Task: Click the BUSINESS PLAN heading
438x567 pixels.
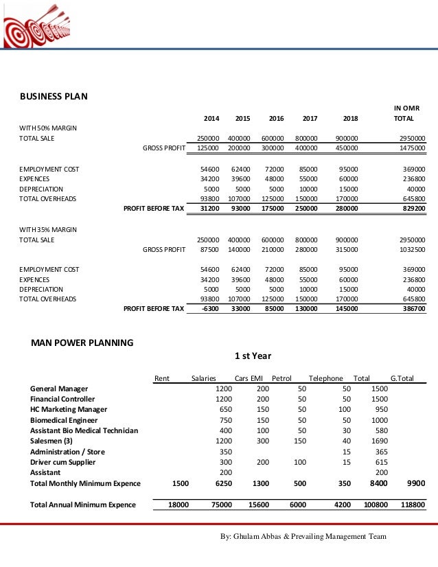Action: point(53,96)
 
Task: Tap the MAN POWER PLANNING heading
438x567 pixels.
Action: point(82,342)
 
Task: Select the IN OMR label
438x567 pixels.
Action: point(406,108)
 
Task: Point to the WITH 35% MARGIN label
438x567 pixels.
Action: point(47,229)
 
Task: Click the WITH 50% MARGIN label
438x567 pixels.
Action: point(47,128)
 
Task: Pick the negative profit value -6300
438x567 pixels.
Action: point(210,309)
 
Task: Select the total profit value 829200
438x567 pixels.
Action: point(412,207)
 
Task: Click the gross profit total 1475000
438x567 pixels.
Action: point(411,148)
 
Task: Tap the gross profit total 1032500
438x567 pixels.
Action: point(411,250)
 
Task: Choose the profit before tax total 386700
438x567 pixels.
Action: point(412,309)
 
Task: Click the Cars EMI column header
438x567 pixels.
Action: point(249,378)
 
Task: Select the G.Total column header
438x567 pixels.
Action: point(403,378)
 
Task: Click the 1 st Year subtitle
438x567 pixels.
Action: point(253,356)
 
